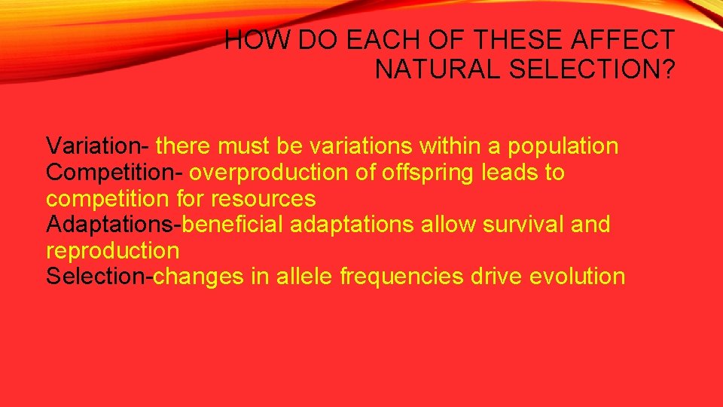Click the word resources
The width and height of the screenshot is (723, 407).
pyautogui.click(x=264, y=199)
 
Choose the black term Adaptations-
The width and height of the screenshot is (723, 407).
pyautogui.click(x=114, y=225)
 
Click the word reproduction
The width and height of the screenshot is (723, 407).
pyautogui.click(x=113, y=250)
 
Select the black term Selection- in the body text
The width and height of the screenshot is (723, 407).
pyautogui.click(x=99, y=277)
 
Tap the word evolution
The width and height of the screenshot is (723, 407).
pyautogui.click(x=578, y=277)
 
